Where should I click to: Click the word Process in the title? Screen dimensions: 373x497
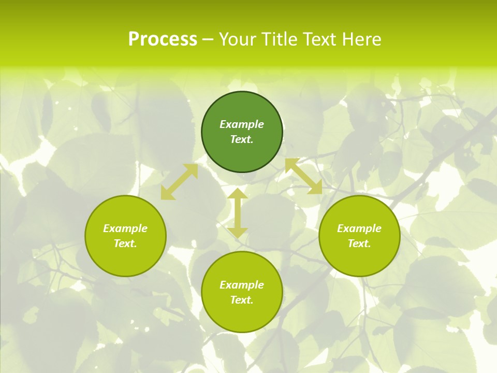[x=163, y=39]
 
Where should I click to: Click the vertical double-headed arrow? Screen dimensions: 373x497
[x=238, y=213]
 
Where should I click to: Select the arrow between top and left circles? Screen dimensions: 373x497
[x=179, y=181]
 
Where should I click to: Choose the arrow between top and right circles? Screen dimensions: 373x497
[x=303, y=176]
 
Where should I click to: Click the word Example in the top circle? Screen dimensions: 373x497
[x=242, y=124]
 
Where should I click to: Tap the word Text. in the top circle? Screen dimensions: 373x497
[x=242, y=139]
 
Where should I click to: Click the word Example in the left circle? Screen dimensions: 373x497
[x=125, y=228]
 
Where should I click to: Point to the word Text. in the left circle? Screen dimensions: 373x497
[x=125, y=243]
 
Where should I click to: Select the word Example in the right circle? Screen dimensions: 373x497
[x=359, y=228]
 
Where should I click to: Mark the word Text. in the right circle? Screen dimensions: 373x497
[x=359, y=243]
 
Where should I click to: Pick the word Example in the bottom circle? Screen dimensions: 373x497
[x=242, y=285]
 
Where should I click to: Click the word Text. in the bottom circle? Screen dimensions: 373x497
[x=242, y=300]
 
